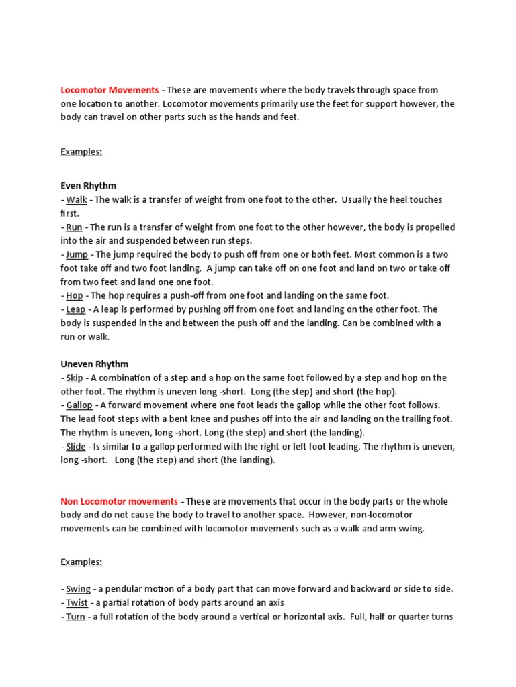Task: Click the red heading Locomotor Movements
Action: [110, 90]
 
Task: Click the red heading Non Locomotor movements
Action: [119, 501]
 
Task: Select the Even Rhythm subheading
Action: [88, 186]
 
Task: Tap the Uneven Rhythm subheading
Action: [94, 364]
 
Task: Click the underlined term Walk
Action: [77, 200]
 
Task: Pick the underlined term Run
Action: [74, 227]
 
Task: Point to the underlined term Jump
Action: [77, 255]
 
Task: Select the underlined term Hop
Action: [75, 295]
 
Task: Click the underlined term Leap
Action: [76, 309]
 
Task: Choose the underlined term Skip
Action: [75, 378]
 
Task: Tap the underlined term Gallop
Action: [79, 405]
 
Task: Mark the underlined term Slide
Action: [76, 446]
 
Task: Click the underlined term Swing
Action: [79, 589]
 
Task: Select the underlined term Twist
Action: [77, 602]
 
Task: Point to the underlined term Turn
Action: [75, 617]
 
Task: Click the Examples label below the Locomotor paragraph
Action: [81, 152]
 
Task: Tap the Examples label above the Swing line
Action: [81, 562]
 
